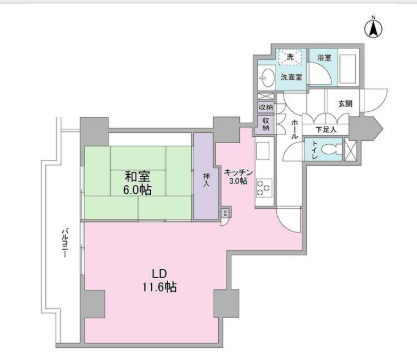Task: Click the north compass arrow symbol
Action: click(x=372, y=29)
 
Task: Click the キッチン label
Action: click(x=237, y=169)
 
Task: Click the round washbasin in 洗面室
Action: click(x=267, y=79)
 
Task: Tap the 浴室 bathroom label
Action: click(x=324, y=59)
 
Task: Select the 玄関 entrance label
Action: click(x=344, y=103)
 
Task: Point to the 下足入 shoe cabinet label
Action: click(x=327, y=128)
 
